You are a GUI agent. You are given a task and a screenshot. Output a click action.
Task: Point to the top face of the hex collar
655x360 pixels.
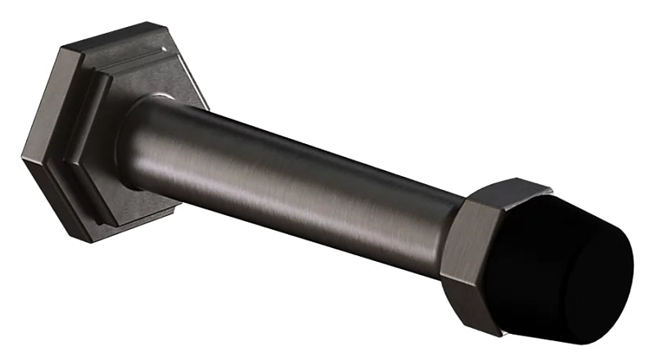pyautogui.click(x=499, y=190)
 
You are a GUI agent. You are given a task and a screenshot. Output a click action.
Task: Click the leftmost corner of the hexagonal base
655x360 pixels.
pyautogui.click(x=22, y=155)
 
